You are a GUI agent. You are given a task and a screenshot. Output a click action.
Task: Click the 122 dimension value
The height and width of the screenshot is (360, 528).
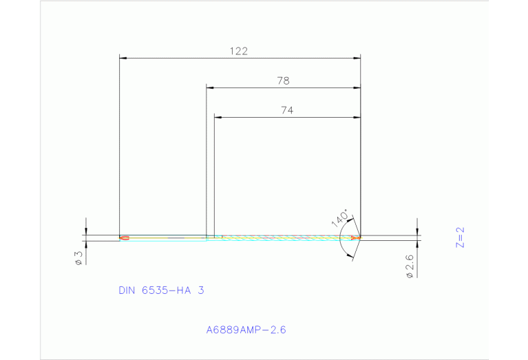point(239,51)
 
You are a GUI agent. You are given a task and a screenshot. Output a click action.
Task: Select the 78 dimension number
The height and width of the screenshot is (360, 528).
point(283,81)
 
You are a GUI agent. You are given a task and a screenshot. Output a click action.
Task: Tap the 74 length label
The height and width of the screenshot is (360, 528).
point(287,110)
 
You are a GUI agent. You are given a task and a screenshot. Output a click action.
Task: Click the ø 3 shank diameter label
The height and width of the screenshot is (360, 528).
point(78,257)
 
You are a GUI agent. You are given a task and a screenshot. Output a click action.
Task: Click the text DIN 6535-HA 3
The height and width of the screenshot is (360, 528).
point(161,290)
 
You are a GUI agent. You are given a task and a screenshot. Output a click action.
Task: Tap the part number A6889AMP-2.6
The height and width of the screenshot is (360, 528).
point(246,330)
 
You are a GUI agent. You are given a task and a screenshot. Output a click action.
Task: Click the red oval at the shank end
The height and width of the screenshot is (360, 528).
point(125,238)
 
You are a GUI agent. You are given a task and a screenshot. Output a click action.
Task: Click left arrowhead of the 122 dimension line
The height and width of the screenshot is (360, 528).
point(123,58)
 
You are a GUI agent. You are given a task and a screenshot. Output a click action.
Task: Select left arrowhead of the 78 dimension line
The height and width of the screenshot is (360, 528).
point(211,87)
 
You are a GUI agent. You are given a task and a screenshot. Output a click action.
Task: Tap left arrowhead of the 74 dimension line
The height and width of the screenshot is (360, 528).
point(218,117)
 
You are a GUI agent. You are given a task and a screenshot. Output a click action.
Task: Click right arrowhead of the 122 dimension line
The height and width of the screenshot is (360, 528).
point(357,58)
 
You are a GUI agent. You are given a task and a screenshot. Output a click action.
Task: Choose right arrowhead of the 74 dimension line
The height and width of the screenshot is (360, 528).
point(357,117)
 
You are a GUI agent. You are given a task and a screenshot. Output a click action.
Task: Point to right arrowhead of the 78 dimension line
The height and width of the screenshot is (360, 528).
point(357,87)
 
